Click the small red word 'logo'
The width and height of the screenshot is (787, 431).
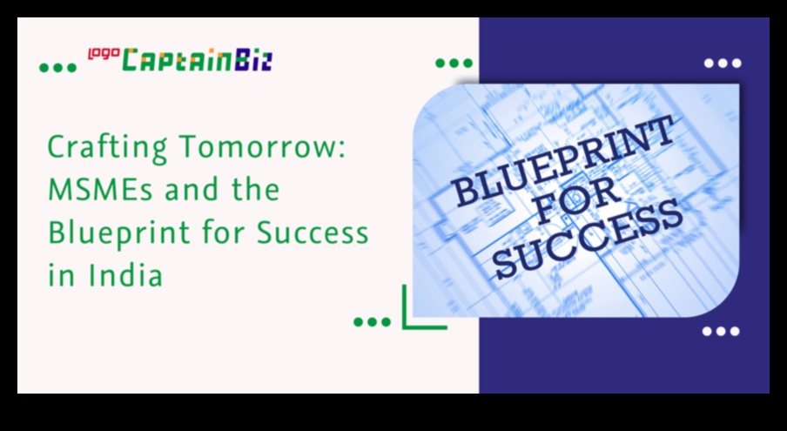[104, 54]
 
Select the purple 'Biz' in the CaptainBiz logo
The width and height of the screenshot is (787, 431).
[253, 60]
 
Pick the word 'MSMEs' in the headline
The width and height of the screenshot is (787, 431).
[100, 190]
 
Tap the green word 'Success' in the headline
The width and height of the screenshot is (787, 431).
[313, 233]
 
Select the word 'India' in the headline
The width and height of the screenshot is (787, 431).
[125, 275]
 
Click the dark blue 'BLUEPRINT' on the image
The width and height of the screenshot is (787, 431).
[564, 159]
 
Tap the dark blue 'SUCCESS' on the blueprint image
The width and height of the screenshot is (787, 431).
[589, 238]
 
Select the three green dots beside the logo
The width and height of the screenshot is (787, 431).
[57, 68]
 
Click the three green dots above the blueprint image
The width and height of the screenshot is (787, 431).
[454, 64]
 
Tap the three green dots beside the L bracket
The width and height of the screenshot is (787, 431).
[372, 321]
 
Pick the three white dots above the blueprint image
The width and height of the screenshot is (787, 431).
[723, 64]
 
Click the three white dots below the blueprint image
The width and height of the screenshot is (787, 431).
[721, 331]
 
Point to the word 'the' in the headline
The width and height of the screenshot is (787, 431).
[255, 190]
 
